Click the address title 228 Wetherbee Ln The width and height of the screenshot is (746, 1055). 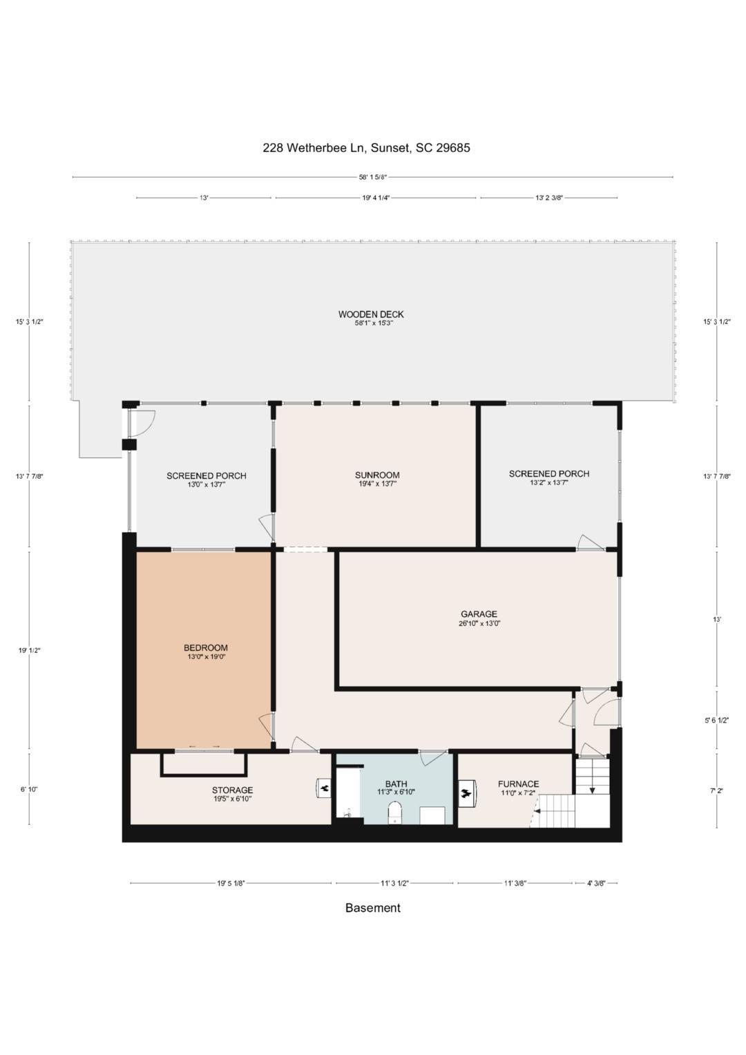[x=366, y=147]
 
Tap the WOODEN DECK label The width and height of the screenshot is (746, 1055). [x=371, y=314]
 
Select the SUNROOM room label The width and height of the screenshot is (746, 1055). [x=377, y=475]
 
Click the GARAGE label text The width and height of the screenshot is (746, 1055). [x=479, y=614]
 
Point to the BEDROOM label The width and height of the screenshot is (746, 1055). [x=206, y=648]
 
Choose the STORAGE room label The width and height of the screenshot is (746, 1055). [x=232, y=790]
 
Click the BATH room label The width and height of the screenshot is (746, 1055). [x=396, y=784]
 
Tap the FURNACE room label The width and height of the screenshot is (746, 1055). [x=518, y=784]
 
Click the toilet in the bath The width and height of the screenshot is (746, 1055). [x=395, y=813]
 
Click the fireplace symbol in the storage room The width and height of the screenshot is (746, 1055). [x=323, y=788]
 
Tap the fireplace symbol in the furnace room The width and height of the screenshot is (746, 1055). [x=468, y=793]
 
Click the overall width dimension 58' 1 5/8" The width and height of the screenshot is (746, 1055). [x=372, y=177]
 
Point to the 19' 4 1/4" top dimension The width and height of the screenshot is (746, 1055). [x=376, y=198]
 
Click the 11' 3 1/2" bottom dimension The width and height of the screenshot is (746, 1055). [x=394, y=883]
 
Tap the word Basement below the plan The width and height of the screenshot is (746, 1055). [x=372, y=908]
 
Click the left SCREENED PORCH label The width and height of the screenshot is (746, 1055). [x=206, y=476]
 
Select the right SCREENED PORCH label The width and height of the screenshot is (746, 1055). [x=549, y=474]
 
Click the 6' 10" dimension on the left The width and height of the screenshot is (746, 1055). [x=29, y=789]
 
